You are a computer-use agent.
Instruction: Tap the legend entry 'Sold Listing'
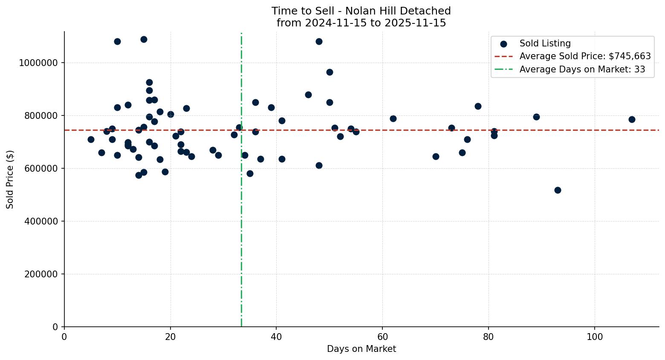[x=544, y=43]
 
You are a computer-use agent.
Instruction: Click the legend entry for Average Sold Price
[x=584, y=56]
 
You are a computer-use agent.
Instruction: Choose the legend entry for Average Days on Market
[x=582, y=69]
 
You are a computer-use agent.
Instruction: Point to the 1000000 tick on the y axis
[x=38, y=63]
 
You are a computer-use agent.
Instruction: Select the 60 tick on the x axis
[x=382, y=337]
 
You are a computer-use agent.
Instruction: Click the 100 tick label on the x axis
[x=594, y=337]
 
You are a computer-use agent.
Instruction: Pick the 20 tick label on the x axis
[x=170, y=337]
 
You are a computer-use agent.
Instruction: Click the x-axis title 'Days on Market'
[x=361, y=349]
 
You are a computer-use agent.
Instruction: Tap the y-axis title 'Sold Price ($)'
[x=10, y=179]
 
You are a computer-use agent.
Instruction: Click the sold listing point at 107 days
[x=631, y=119]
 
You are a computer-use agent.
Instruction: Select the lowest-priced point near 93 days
[x=557, y=190]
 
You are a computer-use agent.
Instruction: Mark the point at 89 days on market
[x=536, y=117]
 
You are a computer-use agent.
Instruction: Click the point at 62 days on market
[x=393, y=118]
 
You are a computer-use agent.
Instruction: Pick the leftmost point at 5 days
[x=91, y=139]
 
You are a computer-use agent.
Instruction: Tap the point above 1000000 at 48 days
[x=318, y=41]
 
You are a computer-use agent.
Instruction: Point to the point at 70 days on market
[x=435, y=156]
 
